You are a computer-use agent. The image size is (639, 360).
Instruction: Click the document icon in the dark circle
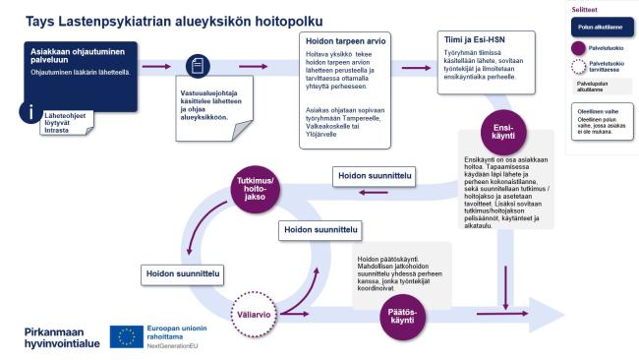coord(199,67)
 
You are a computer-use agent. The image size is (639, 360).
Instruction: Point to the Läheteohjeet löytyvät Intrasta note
coord(63,122)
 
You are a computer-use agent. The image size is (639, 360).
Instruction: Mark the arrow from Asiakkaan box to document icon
coord(157,67)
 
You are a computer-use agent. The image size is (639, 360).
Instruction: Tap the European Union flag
coord(125,335)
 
